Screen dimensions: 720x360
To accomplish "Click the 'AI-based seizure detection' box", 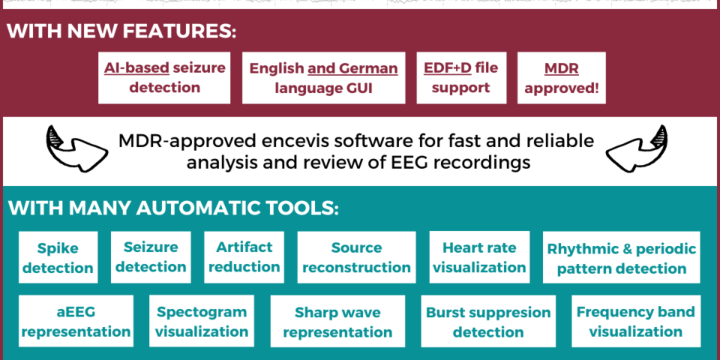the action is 164,77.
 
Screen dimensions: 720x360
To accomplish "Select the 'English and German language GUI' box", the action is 324,77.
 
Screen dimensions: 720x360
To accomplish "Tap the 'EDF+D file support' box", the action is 461,77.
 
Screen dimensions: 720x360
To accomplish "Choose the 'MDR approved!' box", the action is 562,77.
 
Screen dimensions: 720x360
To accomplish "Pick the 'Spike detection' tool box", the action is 58,257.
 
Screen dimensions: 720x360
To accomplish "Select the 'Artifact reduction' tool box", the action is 244,257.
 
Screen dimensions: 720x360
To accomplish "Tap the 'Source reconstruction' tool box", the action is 357,257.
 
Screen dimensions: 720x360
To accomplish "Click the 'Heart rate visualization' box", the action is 479,257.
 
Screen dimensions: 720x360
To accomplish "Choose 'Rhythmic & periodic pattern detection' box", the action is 622,257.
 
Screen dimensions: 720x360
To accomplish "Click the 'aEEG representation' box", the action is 76,321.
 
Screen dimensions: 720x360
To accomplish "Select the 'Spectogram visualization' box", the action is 202,321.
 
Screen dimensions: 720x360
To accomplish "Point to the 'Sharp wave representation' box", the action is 338,321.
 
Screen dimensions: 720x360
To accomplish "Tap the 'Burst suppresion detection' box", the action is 488,321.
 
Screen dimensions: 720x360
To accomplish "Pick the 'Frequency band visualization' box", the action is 636,321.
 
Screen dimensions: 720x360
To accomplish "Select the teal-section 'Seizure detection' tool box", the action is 151,257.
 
